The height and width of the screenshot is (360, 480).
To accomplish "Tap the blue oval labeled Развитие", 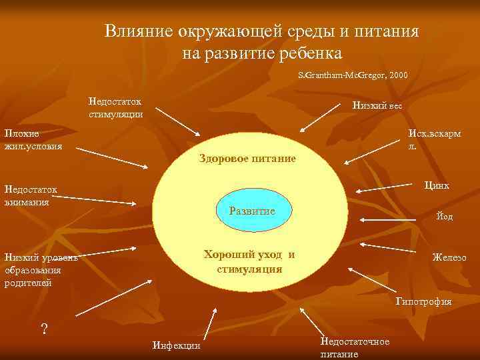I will (x=252, y=211).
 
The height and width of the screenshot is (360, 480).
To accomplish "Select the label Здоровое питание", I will (x=247, y=159).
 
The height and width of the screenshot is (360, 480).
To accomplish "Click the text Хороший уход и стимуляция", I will (x=249, y=262).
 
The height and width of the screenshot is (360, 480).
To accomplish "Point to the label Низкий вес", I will (x=377, y=105).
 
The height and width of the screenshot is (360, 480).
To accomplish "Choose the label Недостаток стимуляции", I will (x=115, y=107).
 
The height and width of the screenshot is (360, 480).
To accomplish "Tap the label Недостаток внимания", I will (x=31, y=196).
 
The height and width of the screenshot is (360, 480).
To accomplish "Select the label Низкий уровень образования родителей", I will (x=41, y=270).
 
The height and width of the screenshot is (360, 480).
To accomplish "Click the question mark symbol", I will (x=45, y=329).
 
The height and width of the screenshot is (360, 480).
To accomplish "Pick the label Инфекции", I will (x=176, y=345).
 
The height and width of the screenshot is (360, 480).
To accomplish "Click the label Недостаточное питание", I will (x=355, y=347).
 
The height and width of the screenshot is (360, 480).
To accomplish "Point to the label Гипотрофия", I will (x=423, y=301).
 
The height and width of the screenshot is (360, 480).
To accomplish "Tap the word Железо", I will (x=449, y=257).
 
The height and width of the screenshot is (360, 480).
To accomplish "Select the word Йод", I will (x=444, y=217).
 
